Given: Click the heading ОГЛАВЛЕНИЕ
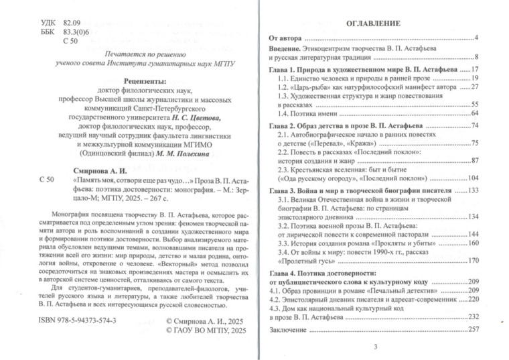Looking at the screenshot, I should coord(373,24).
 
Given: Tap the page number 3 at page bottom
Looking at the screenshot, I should coord(375,346).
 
